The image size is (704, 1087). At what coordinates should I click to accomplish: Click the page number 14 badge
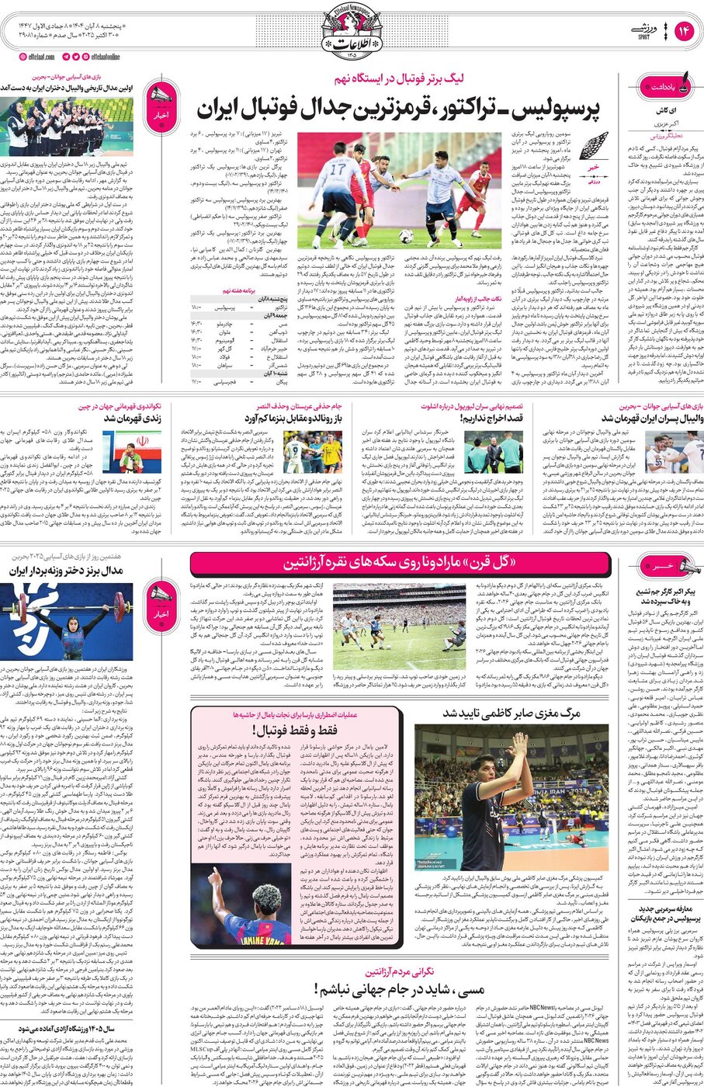click(683, 31)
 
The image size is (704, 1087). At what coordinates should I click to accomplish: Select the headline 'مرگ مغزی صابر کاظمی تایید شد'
click(512, 713)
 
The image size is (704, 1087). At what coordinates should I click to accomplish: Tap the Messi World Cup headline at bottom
click(400, 989)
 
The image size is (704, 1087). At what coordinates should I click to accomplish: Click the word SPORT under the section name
click(643, 37)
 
